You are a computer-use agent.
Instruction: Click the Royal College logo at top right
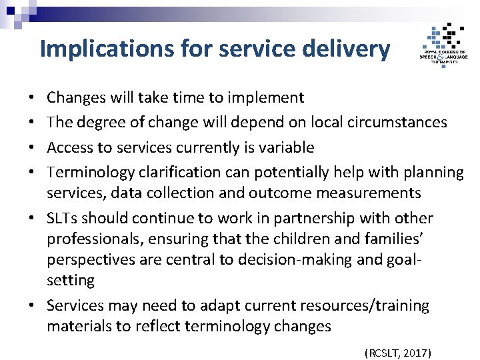pyautogui.click(x=443, y=43)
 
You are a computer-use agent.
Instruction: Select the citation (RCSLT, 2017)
pyautogui.click(x=398, y=352)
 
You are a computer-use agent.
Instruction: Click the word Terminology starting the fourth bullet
pyautogui.click(x=91, y=172)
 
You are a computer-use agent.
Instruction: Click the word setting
pyautogui.click(x=70, y=280)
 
